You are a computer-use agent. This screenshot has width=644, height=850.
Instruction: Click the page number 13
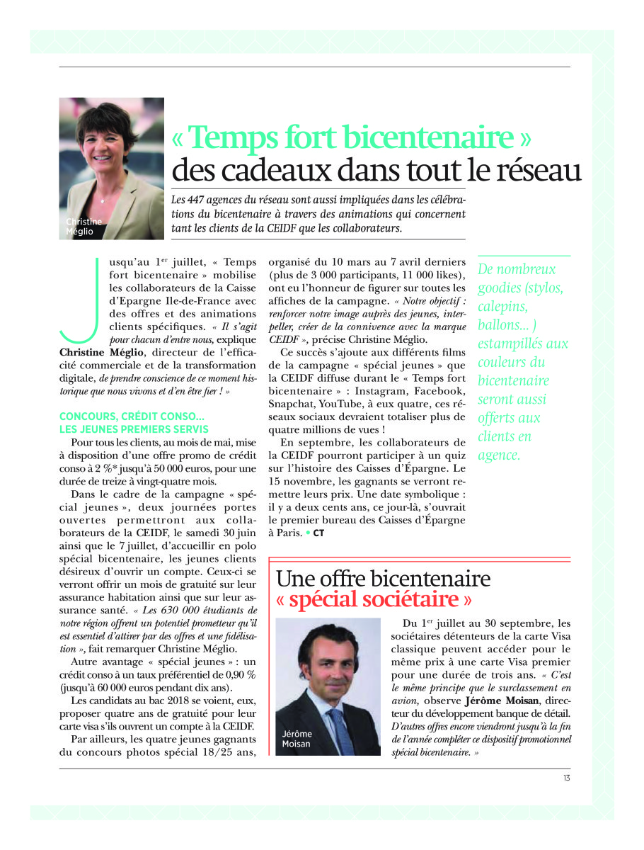(x=566, y=778)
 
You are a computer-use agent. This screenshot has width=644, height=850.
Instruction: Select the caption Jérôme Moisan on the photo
(x=297, y=739)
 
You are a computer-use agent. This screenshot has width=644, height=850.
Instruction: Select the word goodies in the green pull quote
(x=496, y=288)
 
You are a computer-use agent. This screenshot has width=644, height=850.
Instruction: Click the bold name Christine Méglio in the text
(x=100, y=352)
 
